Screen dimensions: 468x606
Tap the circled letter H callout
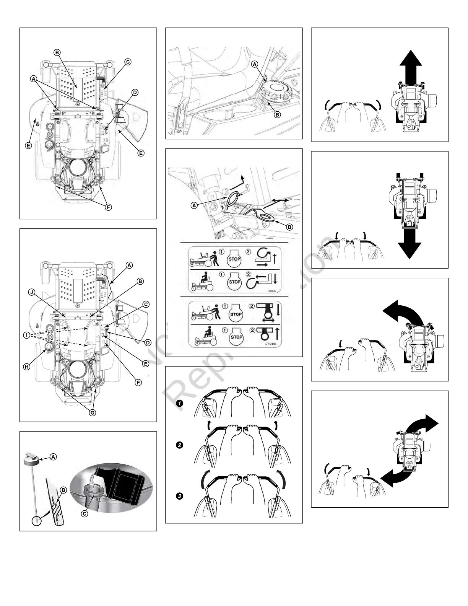(x=26, y=367)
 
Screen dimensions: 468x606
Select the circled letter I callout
(x=26, y=335)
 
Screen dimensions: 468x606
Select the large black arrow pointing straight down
(x=409, y=243)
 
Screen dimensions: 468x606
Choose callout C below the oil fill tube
(x=84, y=513)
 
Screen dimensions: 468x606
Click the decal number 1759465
(x=270, y=344)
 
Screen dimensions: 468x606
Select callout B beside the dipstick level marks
(x=63, y=490)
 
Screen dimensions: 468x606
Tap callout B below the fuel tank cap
(x=278, y=114)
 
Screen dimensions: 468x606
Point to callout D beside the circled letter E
(x=148, y=342)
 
